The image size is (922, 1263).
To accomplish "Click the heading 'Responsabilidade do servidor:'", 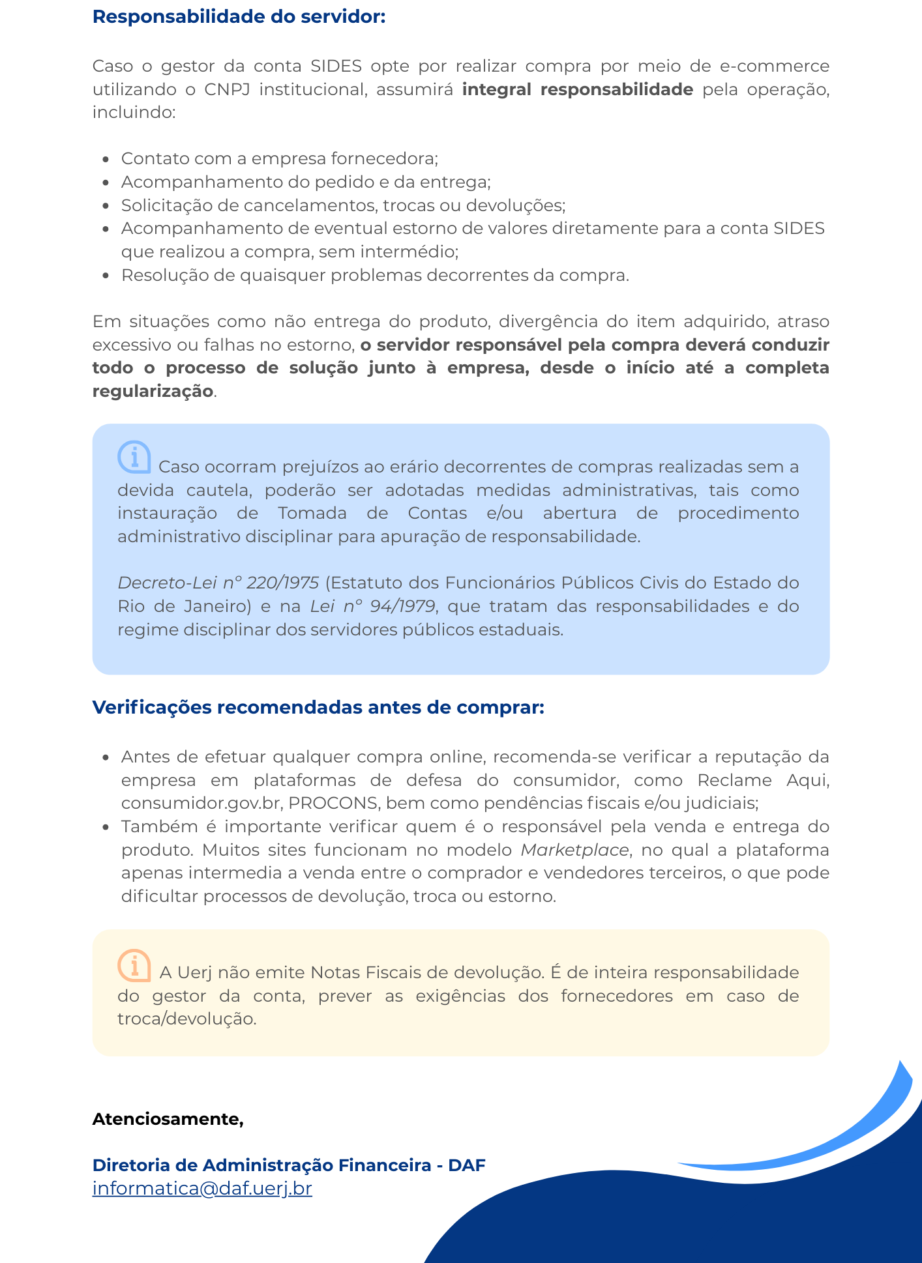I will (239, 17).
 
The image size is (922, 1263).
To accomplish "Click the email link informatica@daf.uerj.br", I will (202, 1188).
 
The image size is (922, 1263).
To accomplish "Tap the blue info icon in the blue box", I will (134, 457).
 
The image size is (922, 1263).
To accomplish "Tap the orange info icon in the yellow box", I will (134, 965).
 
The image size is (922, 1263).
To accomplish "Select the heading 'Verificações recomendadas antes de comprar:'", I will (318, 707).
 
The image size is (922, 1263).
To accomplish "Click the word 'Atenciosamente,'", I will (168, 1119).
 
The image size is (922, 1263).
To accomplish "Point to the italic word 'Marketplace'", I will (574, 850).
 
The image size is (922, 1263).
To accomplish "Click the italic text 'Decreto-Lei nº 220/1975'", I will (218, 583).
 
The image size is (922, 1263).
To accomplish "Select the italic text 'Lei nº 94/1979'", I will (372, 606).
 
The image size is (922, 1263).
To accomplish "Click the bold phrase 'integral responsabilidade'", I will (577, 89).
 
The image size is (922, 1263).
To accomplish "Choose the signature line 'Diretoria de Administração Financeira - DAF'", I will (289, 1165).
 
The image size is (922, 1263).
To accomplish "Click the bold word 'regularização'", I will (153, 391).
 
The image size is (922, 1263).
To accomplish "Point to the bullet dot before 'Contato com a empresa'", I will (106, 159).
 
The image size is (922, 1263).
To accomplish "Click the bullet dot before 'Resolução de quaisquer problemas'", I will (106, 276).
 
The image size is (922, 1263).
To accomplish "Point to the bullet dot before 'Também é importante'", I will (106, 827).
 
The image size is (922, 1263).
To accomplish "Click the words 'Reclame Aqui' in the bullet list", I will (763, 780).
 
